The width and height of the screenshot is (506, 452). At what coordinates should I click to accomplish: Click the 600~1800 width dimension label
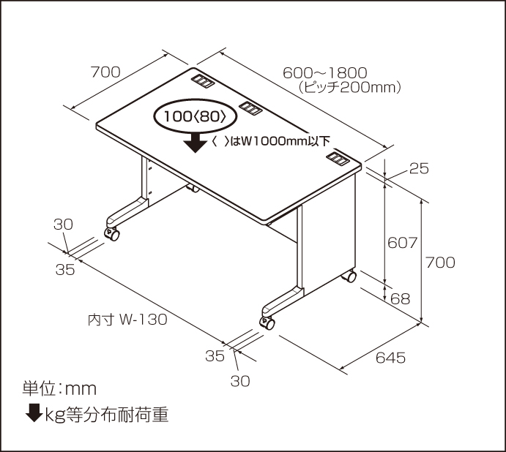324,72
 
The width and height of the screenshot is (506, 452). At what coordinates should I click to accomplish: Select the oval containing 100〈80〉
196,116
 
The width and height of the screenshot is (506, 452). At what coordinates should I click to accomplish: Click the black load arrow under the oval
196,142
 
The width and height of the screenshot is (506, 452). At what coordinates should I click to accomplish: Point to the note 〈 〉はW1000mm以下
270,141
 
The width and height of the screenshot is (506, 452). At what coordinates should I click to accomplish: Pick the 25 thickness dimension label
418,169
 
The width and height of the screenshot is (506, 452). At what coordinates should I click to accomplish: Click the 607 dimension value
402,243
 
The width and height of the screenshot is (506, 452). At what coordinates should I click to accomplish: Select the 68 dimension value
401,298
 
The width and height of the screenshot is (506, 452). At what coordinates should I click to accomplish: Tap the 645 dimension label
390,358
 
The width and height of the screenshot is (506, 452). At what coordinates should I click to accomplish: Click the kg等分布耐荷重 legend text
107,415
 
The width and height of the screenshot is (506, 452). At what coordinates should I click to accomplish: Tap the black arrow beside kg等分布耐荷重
34,414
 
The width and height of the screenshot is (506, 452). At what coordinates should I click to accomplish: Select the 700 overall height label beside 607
440,262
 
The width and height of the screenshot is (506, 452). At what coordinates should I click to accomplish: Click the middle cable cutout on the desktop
250,109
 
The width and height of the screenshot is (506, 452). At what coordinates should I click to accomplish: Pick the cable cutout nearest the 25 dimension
338,157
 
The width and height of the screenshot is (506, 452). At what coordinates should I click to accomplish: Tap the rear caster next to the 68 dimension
351,277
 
